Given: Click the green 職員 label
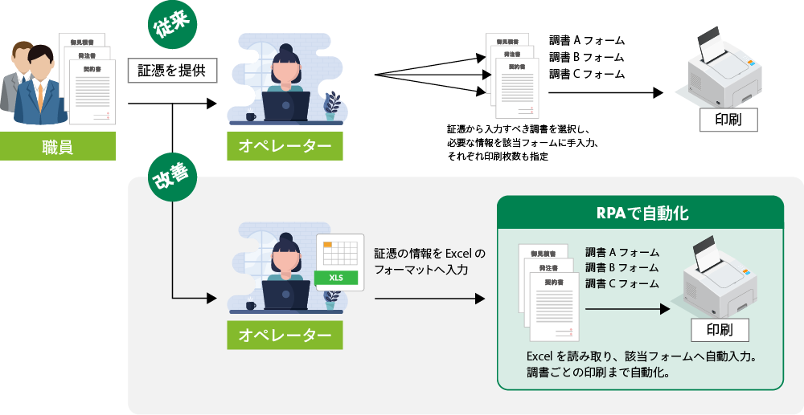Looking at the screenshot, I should pyautogui.click(x=57, y=147).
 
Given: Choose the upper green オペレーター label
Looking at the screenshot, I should pyautogui.click(x=285, y=146).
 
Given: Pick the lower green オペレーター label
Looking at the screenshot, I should pyautogui.click(x=285, y=335).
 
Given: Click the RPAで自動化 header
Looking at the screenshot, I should pyautogui.click(x=640, y=214).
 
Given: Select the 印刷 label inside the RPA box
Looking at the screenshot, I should pyautogui.click(x=720, y=330).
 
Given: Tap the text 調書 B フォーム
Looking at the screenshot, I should pyautogui.click(x=622, y=267).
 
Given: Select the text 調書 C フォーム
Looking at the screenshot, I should pyautogui.click(x=622, y=283).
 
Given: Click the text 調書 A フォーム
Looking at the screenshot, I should pyautogui.click(x=622, y=252).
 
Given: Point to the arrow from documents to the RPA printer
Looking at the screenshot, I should pyautogui.click(x=627, y=307).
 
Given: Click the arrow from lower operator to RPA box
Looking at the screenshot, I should pyautogui.click(x=429, y=299).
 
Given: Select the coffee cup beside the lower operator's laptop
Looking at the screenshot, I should pyautogui.click(x=251, y=305).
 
